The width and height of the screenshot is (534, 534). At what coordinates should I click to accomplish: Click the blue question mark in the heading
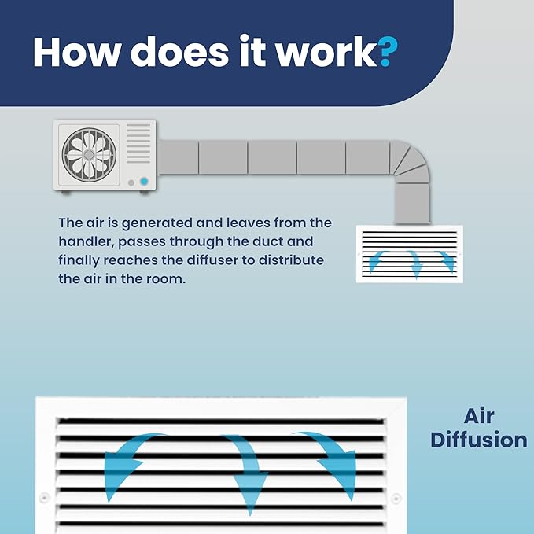pyautogui.click(x=388, y=52)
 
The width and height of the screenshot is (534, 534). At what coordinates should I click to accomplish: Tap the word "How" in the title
pyautogui.click(x=77, y=51)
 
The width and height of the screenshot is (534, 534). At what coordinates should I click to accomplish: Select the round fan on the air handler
pyautogui.click(x=89, y=155)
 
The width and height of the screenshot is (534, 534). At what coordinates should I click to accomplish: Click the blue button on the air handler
pyautogui.click(x=144, y=182)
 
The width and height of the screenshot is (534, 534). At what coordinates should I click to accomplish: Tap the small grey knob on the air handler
pyautogui.click(x=131, y=183)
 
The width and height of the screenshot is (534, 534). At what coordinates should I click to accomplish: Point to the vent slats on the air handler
pyautogui.click(x=138, y=143)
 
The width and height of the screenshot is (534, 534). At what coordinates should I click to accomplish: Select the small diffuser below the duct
pyautogui.click(x=410, y=254)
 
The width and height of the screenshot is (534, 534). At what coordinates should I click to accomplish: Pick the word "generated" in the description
pyautogui.click(x=157, y=223)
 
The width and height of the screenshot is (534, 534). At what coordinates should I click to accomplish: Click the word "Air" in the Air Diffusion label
pyautogui.click(x=478, y=416)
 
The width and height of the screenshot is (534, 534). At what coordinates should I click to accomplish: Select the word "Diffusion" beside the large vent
pyautogui.click(x=479, y=440)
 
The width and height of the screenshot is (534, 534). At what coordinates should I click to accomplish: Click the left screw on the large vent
pyautogui.click(x=44, y=498)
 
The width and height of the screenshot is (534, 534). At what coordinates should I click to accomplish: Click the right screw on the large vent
pyautogui.click(x=396, y=499)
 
